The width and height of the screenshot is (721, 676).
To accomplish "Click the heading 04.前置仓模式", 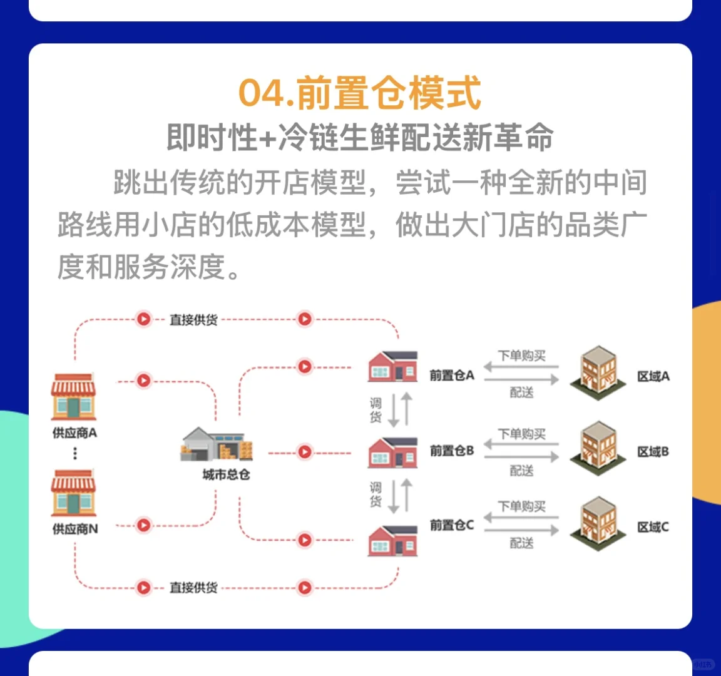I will (x=360, y=93).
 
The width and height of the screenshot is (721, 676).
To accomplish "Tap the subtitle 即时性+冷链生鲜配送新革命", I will (x=360, y=138).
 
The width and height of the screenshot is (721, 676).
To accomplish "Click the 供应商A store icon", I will (x=74, y=397).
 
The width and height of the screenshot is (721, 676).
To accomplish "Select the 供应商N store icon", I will (x=74, y=493).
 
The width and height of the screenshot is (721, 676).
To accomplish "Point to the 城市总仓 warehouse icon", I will (x=217, y=444).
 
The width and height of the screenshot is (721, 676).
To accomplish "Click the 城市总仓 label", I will (x=226, y=475).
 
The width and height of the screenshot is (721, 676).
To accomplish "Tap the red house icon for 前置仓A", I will (x=392, y=366).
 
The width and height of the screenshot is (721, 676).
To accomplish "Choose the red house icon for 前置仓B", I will (x=392, y=452).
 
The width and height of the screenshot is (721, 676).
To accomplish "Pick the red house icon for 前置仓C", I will (x=392, y=540).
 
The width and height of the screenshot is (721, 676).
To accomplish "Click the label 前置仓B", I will (x=451, y=451).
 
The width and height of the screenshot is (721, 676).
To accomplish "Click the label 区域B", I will (x=653, y=451).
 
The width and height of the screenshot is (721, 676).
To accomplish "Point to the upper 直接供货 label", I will (x=193, y=320).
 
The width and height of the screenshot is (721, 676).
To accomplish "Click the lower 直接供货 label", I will (x=193, y=588).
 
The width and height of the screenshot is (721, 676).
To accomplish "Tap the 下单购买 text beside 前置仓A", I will (x=521, y=356).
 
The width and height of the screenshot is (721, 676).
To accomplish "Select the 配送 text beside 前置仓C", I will (x=521, y=543).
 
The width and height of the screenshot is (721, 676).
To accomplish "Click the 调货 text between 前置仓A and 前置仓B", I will (x=376, y=409).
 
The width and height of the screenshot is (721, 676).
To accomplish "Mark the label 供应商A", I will (x=74, y=433).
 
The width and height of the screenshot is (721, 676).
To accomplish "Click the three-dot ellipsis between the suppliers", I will (x=75, y=453).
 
